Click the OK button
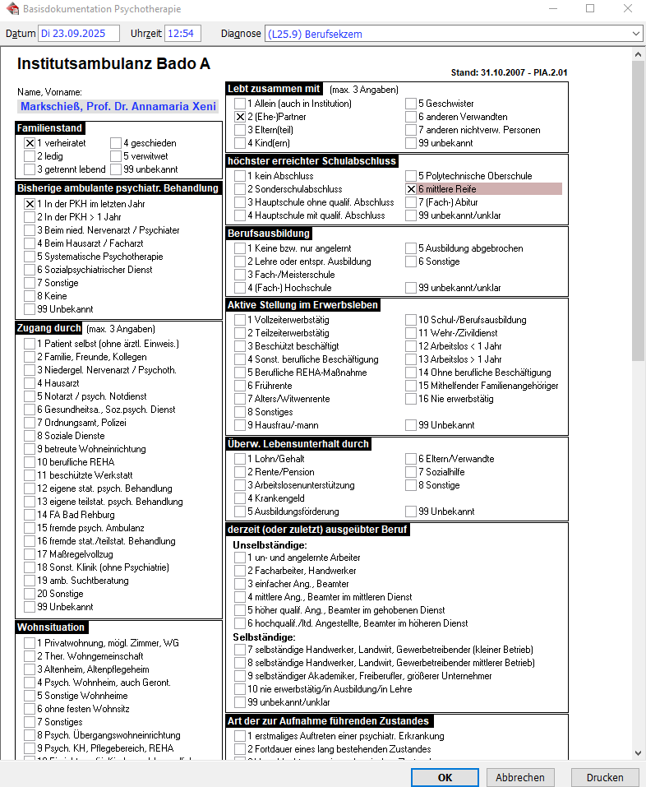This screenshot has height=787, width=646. click(x=445, y=777)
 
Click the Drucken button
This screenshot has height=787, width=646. click(x=604, y=777)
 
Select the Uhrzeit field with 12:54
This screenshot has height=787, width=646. click(x=182, y=34)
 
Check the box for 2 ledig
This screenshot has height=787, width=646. click(x=30, y=156)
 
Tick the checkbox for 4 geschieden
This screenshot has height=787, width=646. click(x=116, y=143)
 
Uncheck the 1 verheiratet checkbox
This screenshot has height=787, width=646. click(x=30, y=143)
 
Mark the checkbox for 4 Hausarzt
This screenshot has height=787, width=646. click(x=30, y=383)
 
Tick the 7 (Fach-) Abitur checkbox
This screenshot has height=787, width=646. click(x=411, y=202)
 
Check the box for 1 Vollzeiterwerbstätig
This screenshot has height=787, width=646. click(x=240, y=321)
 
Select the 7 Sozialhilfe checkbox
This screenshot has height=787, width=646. click(x=411, y=472)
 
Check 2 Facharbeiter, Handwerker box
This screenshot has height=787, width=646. click(x=240, y=571)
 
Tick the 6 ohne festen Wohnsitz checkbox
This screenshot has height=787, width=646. click(x=30, y=709)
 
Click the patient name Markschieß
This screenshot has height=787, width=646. click(x=117, y=107)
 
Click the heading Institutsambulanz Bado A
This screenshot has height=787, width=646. click(x=113, y=63)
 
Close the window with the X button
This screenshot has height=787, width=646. click(x=628, y=9)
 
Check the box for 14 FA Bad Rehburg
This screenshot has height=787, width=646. click(x=30, y=515)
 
